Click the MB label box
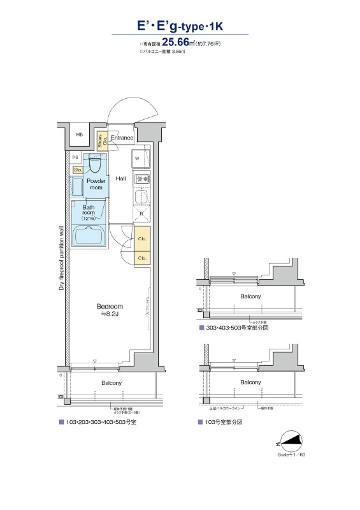click(x=79, y=135)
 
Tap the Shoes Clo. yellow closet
click(x=102, y=141)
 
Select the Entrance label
click(x=122, y=138)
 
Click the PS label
click(x=75, y=157)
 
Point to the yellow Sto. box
click(x=78, y=170)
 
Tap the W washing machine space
click(x=141, y=159)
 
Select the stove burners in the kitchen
click(x=142, y=179)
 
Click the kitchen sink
click(x=142, y=196)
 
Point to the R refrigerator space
click(x=141, y=214)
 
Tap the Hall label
click(x=121, y=178)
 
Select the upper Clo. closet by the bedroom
click(x=142, y=238)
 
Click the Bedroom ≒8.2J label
click(x=109, y=310)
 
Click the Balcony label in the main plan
click(x=111, y=383)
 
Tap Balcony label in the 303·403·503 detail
click(x=250, y=296)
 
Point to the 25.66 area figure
click(x=175, y=42)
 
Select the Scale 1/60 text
click(x=291, y=454)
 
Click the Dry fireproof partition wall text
click(x=61, y=258)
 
